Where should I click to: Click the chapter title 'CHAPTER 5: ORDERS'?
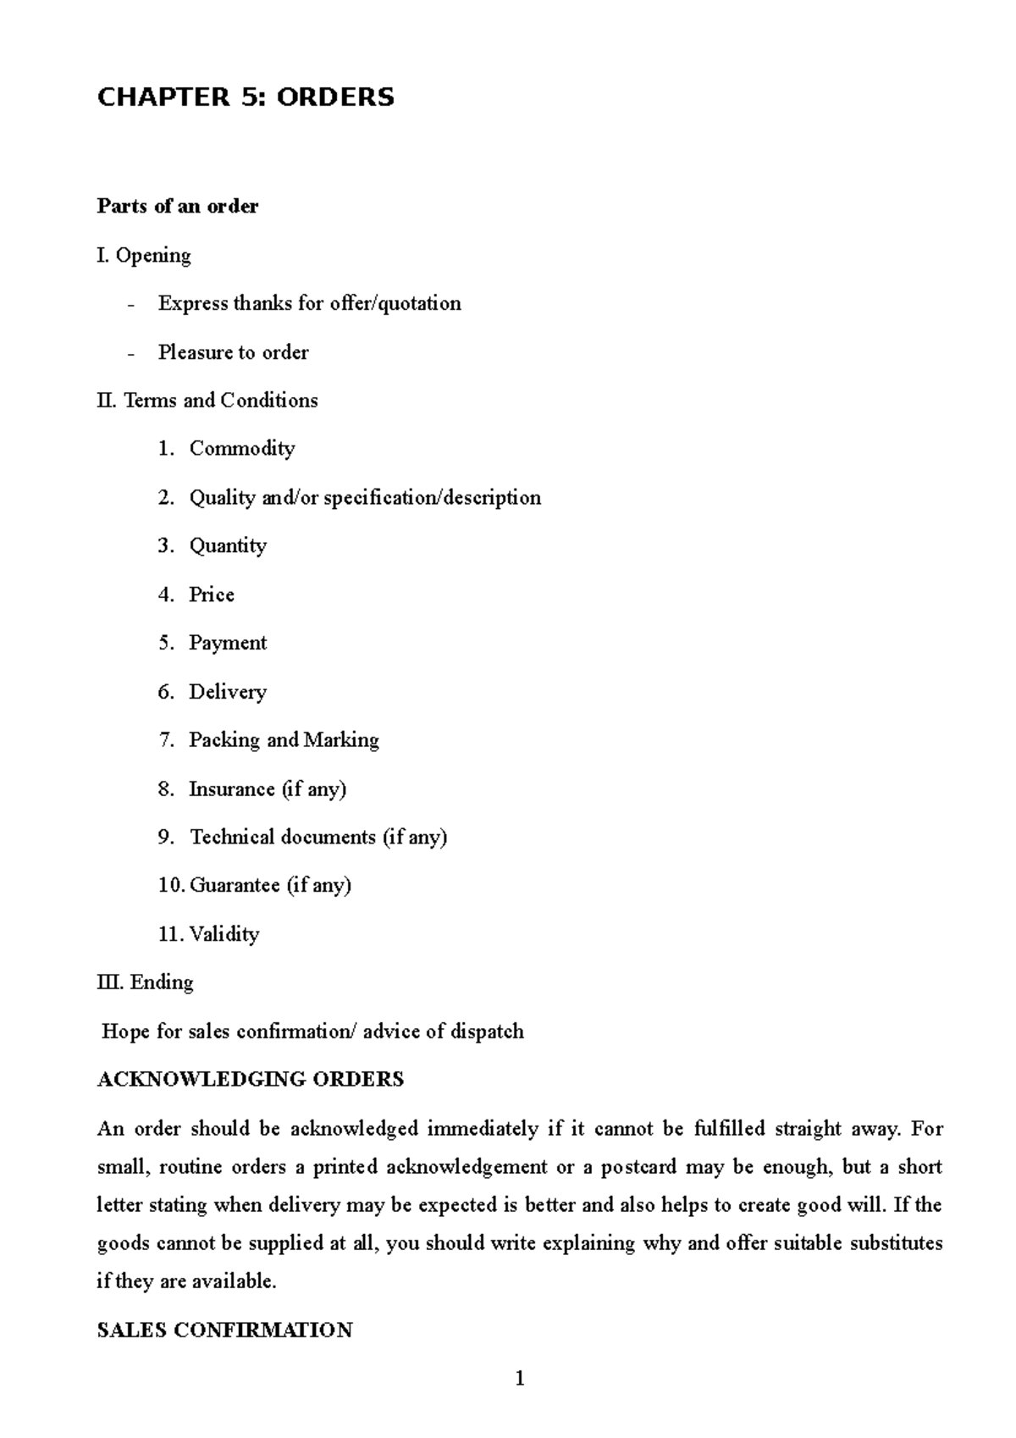pyautogui.click(x=246, y=97)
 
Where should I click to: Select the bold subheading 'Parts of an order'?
pyautogui.click(x=178, y=206)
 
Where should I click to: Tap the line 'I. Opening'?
pyautogui.click(x=144, y=255)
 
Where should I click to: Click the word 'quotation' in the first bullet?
pyautogui.click(x=419, y=303)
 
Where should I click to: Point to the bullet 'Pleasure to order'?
pyautogui.click(x=233, y=352)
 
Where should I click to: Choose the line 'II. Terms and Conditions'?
pyautogui.click(x=207, y=400)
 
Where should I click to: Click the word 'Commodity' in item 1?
pyautogui.click(x=242, y=449)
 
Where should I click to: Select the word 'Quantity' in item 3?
pyautogui.click(x=228, y=545)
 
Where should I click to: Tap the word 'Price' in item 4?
pyautogui.click(x=212, y=595)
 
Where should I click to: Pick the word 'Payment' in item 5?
pyautogui.click(x=228, y=643)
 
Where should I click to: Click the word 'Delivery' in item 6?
pyautogui.click(x=228, y=692)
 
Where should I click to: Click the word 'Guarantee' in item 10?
pyautogui.click(x=235, y=886)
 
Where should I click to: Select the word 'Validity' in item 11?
pyautogui.click(x=224, y=934)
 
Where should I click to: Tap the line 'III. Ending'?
pyautogui.click(x=146, y=982)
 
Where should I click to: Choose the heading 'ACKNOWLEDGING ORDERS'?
pyautogui.click(x=251, y=1080)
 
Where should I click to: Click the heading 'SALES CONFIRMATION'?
pyautogui.click(x=224, y=1330)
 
